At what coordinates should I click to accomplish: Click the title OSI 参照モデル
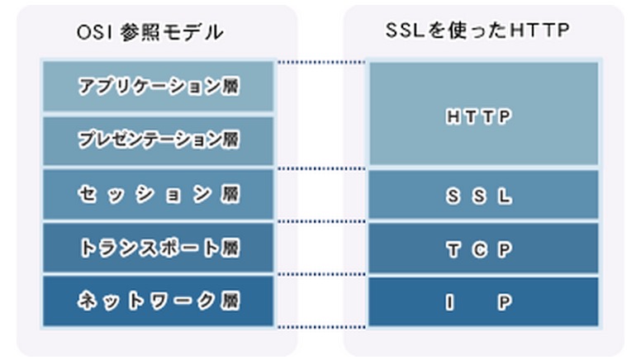150,32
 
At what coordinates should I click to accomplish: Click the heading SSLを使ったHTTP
477,31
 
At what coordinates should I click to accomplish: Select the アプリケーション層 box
159,86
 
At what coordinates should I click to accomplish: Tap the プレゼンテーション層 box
159,140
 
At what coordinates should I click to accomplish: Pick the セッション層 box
159,195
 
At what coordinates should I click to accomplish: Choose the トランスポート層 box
159,248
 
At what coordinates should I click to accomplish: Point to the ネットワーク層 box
159,301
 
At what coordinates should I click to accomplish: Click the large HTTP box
483,114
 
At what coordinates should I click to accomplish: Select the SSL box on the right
483,195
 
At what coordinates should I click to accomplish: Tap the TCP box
483,248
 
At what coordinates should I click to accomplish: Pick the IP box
483,301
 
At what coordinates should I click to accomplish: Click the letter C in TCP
480,249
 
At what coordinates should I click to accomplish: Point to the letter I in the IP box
449,303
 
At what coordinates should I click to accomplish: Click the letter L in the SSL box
505,197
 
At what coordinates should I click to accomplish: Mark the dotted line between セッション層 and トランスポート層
321,221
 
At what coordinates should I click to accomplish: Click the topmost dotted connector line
321,62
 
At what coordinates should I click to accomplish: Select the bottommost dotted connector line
321,327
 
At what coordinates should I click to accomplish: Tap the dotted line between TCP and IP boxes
321,274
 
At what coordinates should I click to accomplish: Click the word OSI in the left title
94,33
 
